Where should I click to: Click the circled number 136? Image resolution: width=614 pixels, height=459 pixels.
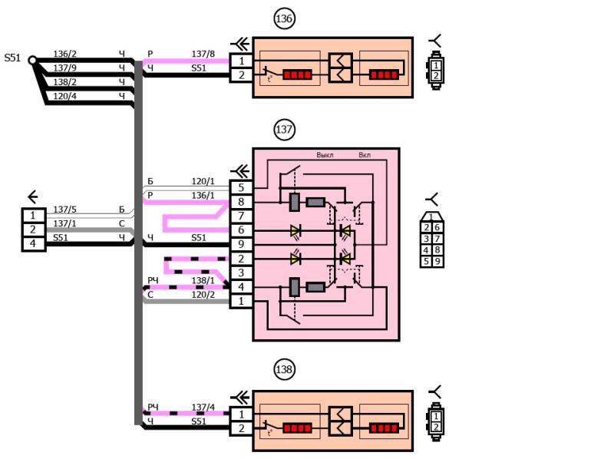tap(285, 19)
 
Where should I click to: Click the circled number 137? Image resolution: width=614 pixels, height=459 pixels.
tap(285, 129)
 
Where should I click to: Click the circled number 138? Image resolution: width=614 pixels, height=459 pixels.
tap(285, 370)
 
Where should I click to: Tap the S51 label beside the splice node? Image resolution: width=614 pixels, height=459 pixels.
tap(12, 58)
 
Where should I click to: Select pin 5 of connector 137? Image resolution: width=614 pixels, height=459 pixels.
tap(241, 187)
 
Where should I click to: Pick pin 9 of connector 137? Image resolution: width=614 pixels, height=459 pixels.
tap(241, 244)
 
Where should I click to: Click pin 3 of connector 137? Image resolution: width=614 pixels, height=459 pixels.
tap(241, 272)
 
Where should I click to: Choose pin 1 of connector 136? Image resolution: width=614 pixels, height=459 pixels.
tap(241, 61)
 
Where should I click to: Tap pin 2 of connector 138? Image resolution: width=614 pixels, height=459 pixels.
tap(241, 428)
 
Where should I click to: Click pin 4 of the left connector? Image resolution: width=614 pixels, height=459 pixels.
tap(33, 243)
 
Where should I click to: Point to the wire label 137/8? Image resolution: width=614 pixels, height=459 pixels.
tap(203, 54)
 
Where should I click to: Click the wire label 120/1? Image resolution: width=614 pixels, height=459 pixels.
tap(203, 181)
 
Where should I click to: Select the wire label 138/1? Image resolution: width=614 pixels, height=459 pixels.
tap(203, 281)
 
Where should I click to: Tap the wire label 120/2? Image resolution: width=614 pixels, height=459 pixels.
tap(203, 295)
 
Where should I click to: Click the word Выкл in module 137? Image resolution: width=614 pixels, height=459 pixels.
tap(325, 155)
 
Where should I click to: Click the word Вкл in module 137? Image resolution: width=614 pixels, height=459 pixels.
tap(365, 155)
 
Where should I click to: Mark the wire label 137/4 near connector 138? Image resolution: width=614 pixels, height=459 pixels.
tap(203, 407)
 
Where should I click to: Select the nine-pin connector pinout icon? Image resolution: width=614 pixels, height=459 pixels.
tap(431, 239)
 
